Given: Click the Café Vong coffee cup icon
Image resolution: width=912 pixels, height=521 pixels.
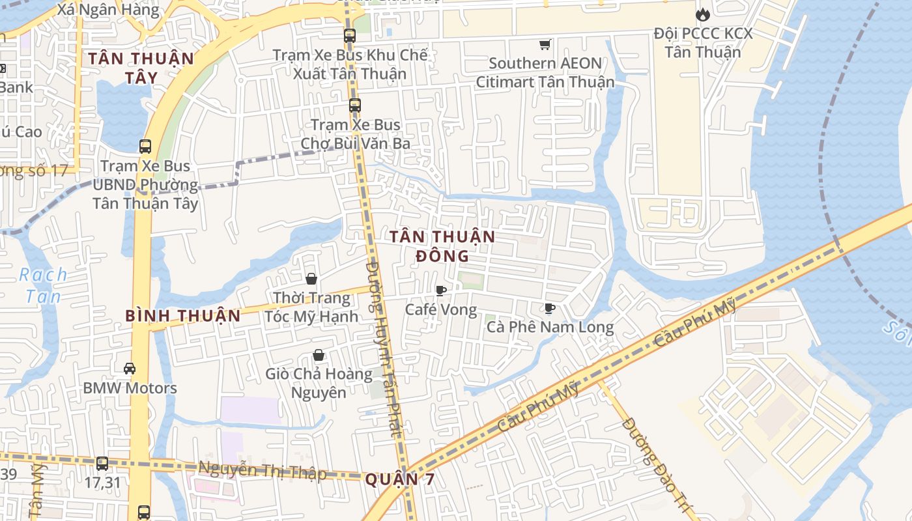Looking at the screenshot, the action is [x=441, y=290].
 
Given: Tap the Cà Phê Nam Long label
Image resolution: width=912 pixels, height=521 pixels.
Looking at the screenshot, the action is [x=550, y=327].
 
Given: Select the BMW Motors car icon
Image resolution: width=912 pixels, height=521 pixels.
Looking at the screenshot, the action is [x=130, y=369].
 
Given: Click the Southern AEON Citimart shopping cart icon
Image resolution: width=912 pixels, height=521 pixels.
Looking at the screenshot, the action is [x=545, y=44].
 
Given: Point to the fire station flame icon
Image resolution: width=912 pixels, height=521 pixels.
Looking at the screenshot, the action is [x=702, y=14].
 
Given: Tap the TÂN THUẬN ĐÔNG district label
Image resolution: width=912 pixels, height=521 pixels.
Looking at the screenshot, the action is [x=443, y=246].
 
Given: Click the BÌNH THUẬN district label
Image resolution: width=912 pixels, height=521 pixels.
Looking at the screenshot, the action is [x=183, y=317].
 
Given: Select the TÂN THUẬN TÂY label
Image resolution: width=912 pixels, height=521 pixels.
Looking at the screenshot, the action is [x=141, y=68].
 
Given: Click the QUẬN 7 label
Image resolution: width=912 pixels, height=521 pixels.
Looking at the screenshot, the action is [x=399, y=480].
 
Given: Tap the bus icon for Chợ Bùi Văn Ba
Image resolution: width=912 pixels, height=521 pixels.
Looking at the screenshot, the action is [x=355, y=105].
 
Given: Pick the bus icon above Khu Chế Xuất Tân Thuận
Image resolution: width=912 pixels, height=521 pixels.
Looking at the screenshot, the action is [x=350, y=36].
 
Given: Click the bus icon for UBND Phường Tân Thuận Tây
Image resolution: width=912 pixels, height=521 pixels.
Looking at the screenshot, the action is [x=145, y=147].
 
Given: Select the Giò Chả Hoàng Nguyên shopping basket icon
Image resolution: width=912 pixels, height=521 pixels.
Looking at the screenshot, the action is [x=319, y=355].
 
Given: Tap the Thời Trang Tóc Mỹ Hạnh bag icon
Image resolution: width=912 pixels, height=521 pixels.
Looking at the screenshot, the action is [x=311, y=279].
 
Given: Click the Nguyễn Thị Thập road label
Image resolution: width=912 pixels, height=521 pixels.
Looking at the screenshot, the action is [x=262, y=470].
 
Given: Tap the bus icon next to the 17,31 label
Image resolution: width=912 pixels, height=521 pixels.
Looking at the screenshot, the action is [x=102, y=464].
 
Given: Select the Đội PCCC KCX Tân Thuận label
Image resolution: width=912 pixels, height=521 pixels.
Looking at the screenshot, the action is [x=703, y=42].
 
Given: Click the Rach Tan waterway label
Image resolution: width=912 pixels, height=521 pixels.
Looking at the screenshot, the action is [x=43, y=285].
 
